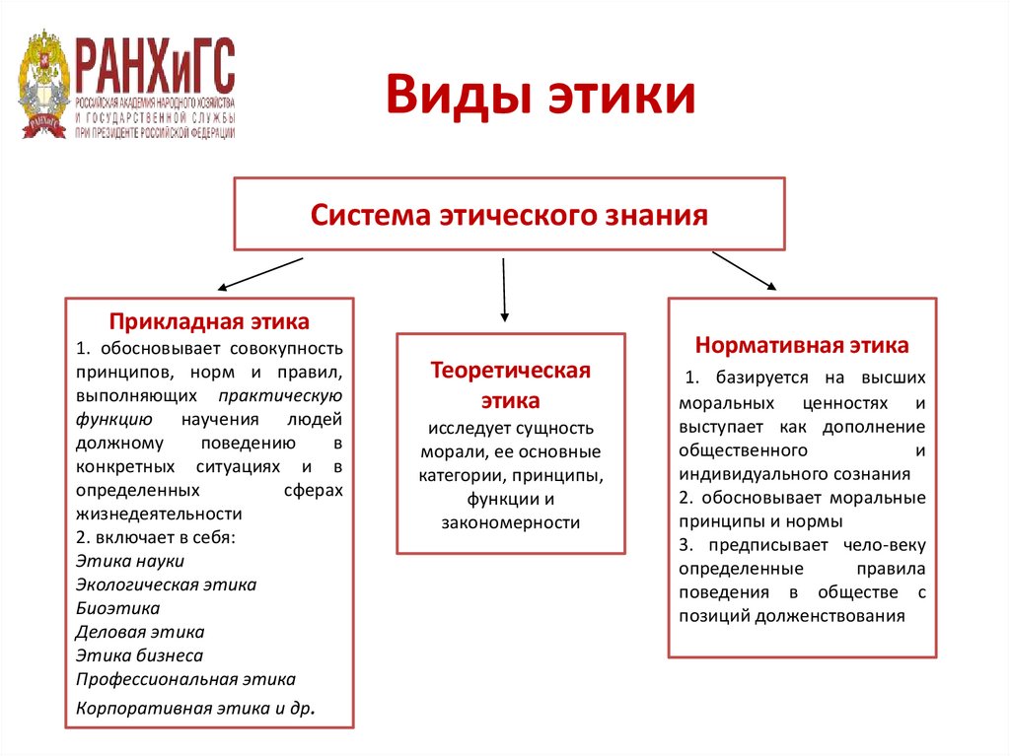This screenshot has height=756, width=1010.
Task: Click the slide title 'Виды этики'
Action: click(540, 98)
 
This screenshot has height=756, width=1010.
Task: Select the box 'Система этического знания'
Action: click(509, 214)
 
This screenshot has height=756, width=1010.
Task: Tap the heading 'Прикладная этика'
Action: click(209, 321)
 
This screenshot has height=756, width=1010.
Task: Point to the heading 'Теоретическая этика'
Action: click(510, 385)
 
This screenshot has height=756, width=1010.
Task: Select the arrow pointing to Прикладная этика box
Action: click(259, 275)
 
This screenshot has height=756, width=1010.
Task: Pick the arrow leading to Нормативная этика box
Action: click(744, 271)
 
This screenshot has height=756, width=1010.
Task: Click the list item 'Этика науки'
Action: click(129, 561)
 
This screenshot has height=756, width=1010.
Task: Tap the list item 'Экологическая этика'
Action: click(166, 584)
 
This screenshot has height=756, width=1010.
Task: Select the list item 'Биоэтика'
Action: click(117, 608)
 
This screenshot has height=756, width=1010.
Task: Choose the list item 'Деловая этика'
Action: click(140, 632)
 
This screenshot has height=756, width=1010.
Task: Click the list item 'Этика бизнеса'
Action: click(139, 655)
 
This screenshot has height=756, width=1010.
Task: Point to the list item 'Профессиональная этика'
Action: click(185, 679)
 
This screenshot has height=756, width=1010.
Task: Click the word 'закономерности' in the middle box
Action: click(510, 522)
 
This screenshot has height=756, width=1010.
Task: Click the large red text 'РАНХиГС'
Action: click(156, 65)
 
